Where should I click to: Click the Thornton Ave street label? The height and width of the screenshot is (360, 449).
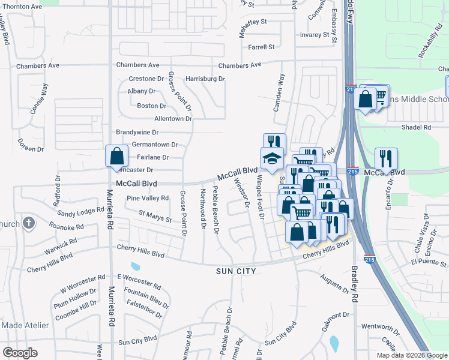21,6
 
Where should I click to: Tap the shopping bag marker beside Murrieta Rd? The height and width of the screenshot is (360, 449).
116,156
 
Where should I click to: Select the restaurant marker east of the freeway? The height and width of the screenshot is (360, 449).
386,158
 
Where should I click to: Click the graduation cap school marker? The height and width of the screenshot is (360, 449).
272,159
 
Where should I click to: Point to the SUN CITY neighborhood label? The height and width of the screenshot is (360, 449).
237,271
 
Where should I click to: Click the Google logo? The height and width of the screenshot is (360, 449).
20,352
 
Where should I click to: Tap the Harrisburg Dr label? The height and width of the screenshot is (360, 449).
205,79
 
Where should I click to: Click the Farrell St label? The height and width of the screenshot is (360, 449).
261,47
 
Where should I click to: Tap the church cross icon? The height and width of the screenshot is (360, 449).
28,223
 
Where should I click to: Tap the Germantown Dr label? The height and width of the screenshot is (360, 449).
155,145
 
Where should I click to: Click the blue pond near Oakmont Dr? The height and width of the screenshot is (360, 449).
334,343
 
